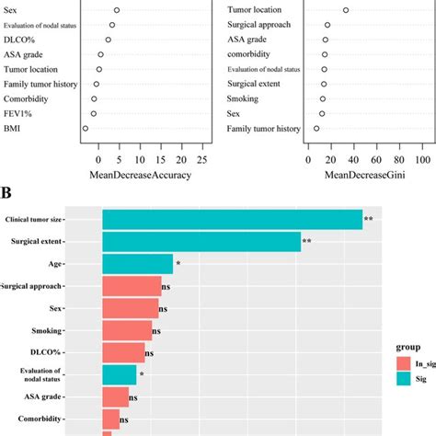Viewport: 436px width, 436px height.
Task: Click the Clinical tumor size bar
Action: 232,220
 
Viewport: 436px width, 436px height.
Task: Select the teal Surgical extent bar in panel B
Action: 201,242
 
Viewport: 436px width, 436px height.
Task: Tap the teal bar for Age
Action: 137,264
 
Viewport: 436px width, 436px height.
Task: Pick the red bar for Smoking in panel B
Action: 127,331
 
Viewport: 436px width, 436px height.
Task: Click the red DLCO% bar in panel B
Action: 123,353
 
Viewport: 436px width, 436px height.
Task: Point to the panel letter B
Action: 6,194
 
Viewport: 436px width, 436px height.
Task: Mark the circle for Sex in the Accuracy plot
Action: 116,10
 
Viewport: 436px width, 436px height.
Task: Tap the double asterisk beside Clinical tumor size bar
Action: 368,220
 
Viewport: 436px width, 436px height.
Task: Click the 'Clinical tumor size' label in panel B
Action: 48,220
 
